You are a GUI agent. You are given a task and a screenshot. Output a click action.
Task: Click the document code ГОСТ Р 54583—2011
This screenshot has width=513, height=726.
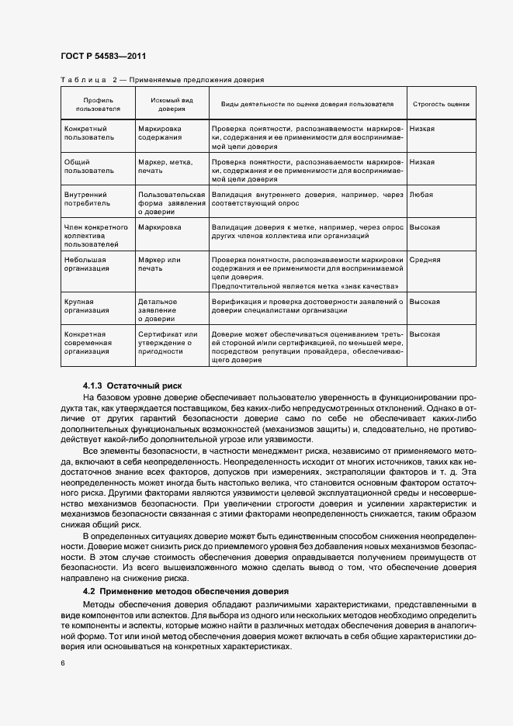pyautogui.click(x=102, y=57)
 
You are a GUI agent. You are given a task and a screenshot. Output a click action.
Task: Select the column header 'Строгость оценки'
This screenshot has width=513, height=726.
pyautogui.click(x=440, y=104)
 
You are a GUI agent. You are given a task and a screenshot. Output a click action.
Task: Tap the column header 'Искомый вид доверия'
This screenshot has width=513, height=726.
pyautogui.click(x=172, y=105)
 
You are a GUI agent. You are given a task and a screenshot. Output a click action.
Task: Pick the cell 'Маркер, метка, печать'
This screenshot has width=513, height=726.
pyautogui.click(x=164, y=166)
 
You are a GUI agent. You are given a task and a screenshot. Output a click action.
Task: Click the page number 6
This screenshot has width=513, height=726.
pyautogui.click(x=63, y=664)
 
